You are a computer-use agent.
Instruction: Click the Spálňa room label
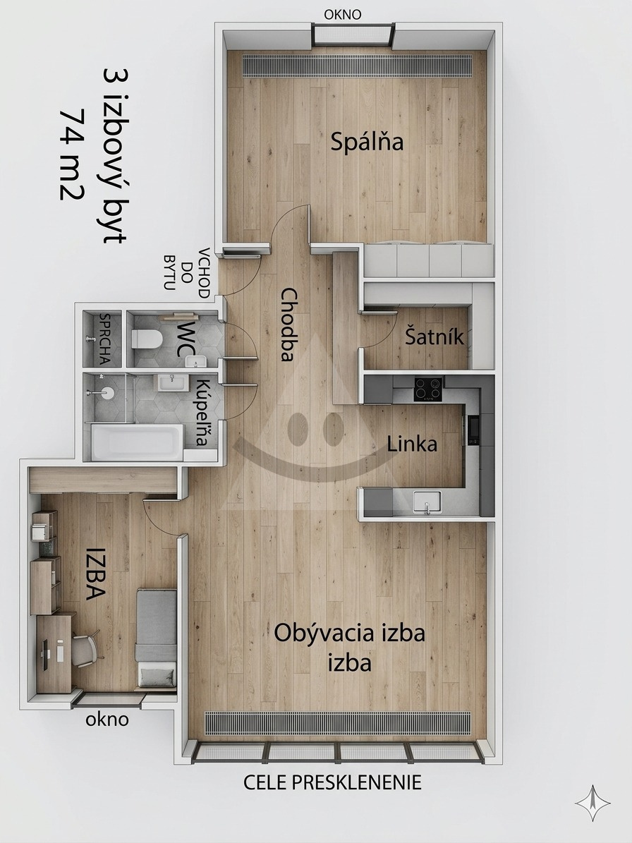tap(367, 142)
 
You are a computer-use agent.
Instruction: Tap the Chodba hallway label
tap(289, 325)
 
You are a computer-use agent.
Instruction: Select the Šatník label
tap(435, 337)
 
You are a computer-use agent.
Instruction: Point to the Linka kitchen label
tap(412, 444)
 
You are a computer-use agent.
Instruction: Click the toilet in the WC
tap(147, 339)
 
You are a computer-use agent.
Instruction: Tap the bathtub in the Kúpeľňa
tap(137, 442)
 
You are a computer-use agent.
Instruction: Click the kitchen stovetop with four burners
tap(428, 389)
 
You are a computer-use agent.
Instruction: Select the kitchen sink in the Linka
tap(427, 502)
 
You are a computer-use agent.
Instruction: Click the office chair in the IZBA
tap(85, 649)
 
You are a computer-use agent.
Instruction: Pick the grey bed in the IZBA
tap(157, 638)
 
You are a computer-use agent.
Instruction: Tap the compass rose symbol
tap(592, 803)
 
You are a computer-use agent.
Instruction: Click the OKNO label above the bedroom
tap(343, 15)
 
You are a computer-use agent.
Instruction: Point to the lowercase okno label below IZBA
tap(107, 720)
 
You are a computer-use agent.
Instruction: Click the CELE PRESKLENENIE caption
tap(333, 782)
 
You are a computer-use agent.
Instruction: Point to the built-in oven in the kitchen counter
tap(473, 430)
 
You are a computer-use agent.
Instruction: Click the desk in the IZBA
tap(54, 653)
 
